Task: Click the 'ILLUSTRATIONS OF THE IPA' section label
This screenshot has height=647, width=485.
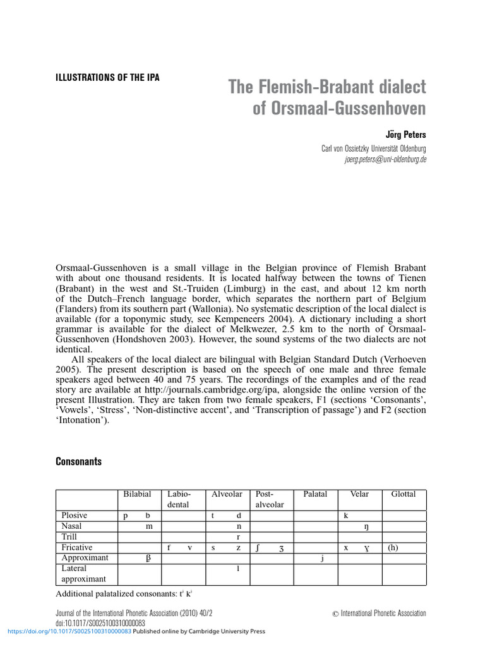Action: [x=108, y=78]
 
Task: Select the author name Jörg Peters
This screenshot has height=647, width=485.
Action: [x=405, y=135]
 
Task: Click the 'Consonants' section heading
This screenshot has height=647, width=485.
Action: [x=79, y=461]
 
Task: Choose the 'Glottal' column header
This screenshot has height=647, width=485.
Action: [x=404, y=494]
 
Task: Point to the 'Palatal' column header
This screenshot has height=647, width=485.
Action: [x=315, y=494]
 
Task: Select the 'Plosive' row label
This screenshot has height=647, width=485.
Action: [x=74, y=516]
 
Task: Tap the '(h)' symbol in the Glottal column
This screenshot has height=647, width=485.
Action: [x=393, y=548]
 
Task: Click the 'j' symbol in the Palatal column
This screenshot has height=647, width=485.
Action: [x=322, y=559]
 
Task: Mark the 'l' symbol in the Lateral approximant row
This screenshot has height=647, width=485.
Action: [x=238, y=569]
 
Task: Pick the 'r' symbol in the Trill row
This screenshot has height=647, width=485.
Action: [x=238, y=537]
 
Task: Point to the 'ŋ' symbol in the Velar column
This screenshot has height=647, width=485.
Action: [x=366, y=526]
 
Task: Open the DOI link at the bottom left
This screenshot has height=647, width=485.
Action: [x=69, y=631]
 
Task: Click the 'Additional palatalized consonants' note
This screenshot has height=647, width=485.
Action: [x=124, y=595]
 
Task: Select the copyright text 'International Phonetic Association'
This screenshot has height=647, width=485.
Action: [x=383, y=613]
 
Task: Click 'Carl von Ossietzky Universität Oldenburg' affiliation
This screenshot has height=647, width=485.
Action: [x=374, y=148]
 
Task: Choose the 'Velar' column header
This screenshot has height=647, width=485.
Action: [x=359, y=494]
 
